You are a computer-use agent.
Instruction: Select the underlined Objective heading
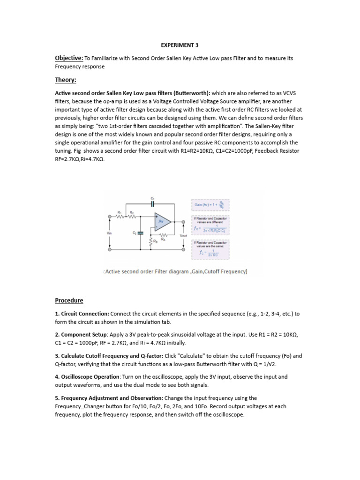(x=69, y=58)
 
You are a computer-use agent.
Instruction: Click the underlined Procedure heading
(x=69, y=300)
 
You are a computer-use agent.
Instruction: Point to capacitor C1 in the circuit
(x=152, y=204)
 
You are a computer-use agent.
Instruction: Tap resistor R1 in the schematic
(x=120, y=217)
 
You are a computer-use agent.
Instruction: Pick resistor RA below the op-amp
(x=163, y=235)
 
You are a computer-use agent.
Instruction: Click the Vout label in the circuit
(x=184, y=235)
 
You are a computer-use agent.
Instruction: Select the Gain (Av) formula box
(x=210, y=205)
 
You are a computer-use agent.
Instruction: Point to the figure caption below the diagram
(x=175, y=271)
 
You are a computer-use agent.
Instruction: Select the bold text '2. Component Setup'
(x=81, y=336)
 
